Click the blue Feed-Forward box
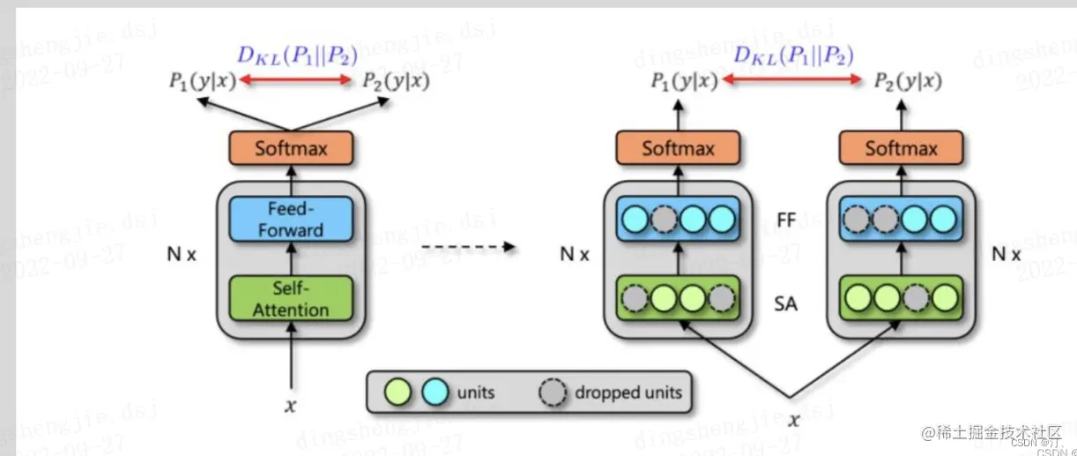[x=291, y=219]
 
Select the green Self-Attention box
[x=291, y=299]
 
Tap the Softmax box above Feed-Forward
[x=291, y=148]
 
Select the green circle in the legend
[x=399, y=392]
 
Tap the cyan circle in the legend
[x=435, y=392]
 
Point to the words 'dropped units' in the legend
[x=628, y=392]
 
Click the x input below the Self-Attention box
[x=290, y=406]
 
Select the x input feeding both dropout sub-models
[x=793, y=420]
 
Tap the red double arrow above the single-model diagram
[x=297, y=81]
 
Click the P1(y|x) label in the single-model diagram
[x=201, y=82]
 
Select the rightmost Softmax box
[x=899, y=148]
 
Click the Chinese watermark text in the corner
[x=992, y=433]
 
